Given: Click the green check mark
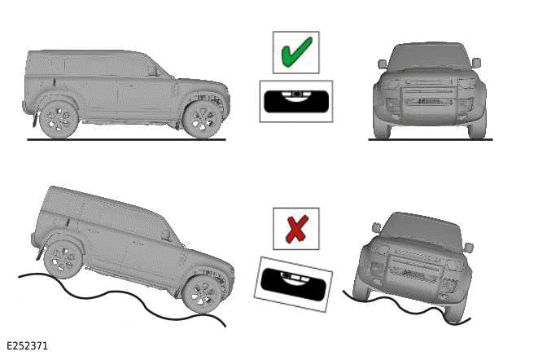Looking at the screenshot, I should (295, 53).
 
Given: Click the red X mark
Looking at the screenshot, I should (295, 229).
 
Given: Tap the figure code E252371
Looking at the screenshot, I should (27, 346).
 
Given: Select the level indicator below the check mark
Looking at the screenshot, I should (295, 101).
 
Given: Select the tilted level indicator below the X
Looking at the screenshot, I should (293, 283).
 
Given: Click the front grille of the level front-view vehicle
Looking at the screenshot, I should (428, 101).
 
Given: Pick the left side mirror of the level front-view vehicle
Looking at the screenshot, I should (382, 64).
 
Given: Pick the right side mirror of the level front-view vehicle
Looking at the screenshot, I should (476, 63).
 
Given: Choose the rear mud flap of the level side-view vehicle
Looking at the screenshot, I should (34, 121).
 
